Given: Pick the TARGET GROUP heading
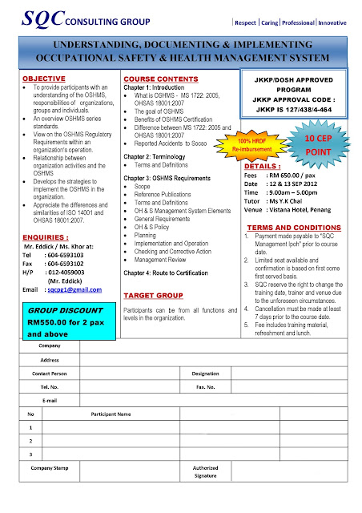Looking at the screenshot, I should coord(152,296).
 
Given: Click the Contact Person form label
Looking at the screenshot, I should coord(49,374).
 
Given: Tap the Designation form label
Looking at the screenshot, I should coord(206,374).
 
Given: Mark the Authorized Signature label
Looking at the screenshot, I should coord(205,471).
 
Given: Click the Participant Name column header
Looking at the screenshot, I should coord(111,414).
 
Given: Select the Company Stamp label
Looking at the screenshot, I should coord(50,467).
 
